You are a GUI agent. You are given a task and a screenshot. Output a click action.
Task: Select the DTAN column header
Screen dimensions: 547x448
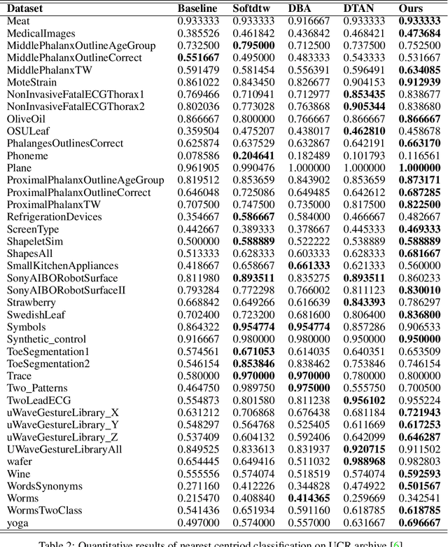tap(357, 9)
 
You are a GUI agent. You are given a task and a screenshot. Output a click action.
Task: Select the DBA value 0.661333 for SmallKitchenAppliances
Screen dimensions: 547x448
tap(309, 265)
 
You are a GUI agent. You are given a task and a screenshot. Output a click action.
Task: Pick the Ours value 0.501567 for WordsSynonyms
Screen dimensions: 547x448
tap(419, 486)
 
